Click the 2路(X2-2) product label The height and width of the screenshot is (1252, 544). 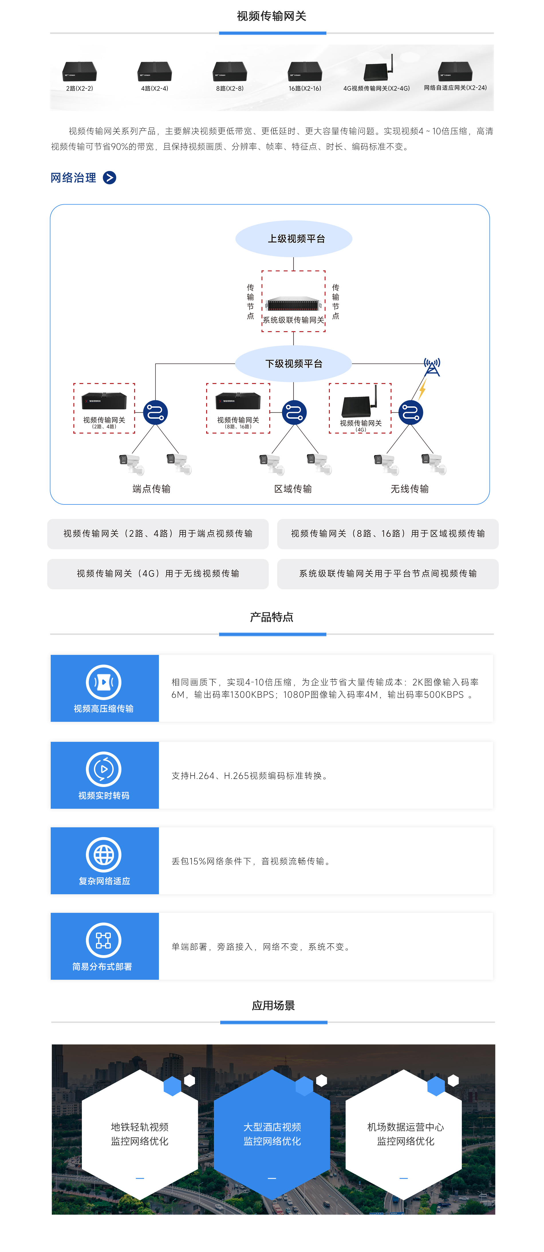coord(79,88)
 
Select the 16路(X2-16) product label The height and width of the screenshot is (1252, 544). coord(305,88)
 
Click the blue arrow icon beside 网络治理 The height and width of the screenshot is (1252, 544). coord(110,178)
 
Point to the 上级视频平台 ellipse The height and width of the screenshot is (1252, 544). coord(294,239)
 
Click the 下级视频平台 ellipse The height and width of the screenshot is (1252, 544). coord(293,363)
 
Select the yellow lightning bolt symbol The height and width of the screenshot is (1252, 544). coord(422,389)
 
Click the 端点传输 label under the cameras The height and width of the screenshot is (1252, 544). coord(151,489)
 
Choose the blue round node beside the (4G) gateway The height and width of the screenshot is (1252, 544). coord(411,413)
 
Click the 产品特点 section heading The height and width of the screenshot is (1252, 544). coord(271,617)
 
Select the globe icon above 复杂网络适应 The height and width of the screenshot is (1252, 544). coord(104,854)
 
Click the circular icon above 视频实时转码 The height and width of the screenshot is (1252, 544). coord(104,769)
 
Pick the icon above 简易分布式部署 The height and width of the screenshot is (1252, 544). coord(104,940)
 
